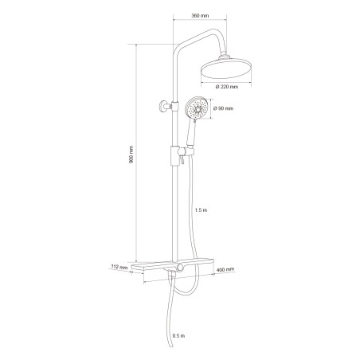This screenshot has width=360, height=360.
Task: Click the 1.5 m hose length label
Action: point(201,209)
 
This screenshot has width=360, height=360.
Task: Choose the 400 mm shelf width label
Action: point(226,271)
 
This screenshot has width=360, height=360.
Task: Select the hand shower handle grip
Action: point(191,137)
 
